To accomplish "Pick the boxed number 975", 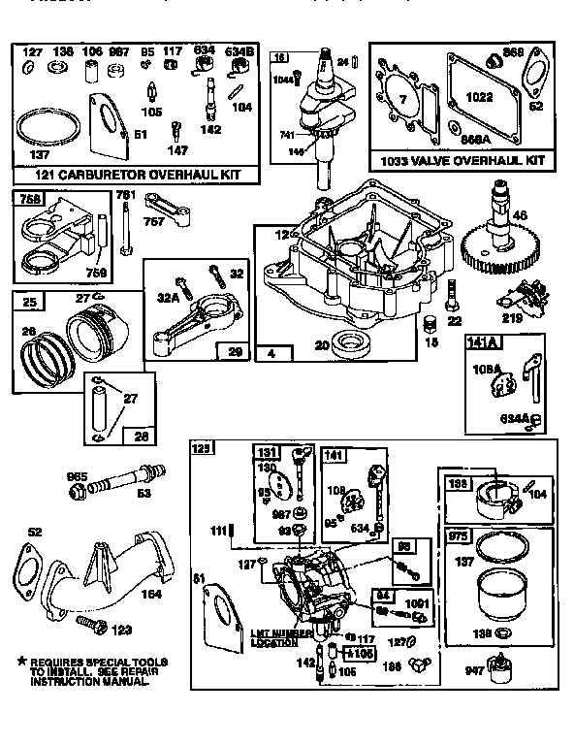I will (457, 535).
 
